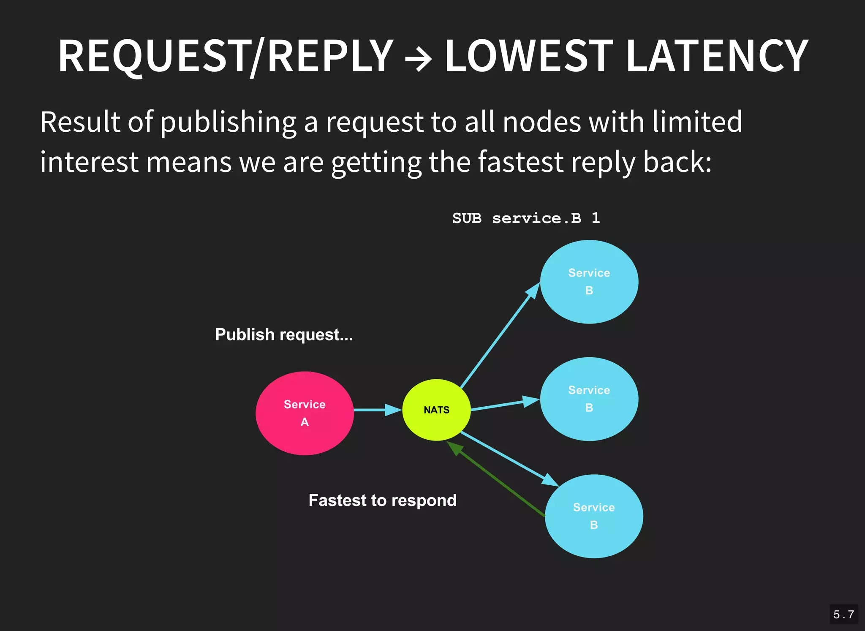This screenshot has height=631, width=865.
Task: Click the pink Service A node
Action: pyautogui.click(x=305, y=413)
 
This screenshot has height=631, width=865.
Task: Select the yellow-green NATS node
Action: pyautogui.click(x=436, y=410)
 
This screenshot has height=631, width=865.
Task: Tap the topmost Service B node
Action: pyautogui.click(x=589, y=282)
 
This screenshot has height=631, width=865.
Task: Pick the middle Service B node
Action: pyautogui.click(x=589, y=399)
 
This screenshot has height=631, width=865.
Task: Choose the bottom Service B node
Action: pyautogui.click(x=594, y=516)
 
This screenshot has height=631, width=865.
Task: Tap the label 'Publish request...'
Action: pyautogui.click(x=284, y=335)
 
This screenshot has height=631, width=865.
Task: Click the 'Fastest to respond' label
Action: pyautogui.click(x=382, y=500)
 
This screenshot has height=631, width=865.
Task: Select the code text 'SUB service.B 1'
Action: pyautogui.click(x=526, y=218)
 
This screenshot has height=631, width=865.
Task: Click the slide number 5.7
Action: pyautogui.click(x=843, y=615)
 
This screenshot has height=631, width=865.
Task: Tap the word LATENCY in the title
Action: pyautogui.click(x=717, y=56)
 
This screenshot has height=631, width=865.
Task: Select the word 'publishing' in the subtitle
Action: pyautogui.click(x=228, y=122)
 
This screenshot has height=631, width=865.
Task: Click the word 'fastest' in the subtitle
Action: pyautogui.click(x=521, y=162)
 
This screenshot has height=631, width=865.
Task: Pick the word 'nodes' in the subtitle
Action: pyautogui.click(x=542, y=122)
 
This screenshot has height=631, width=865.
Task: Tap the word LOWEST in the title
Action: pyautogui.click(x=529, y=56)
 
